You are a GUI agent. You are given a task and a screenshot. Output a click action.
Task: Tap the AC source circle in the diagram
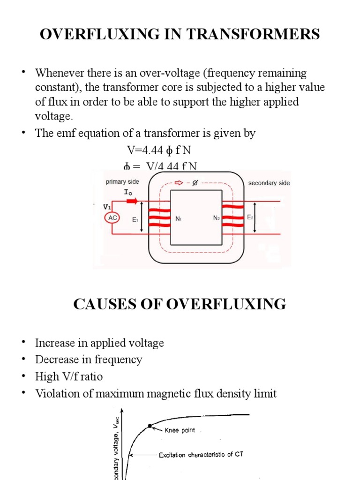tap(113, 218)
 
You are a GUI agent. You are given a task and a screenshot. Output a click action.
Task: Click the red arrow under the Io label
tap(132, 201)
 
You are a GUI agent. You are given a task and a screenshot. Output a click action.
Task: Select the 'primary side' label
tap(122, 182)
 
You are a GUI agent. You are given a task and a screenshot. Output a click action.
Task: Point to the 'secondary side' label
tap(269, 183)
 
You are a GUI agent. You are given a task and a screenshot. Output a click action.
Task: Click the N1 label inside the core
tap(178, 219)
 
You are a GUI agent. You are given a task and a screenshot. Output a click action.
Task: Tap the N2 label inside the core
tap(216, 219)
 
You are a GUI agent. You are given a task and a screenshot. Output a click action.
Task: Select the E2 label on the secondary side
tap(250, 217)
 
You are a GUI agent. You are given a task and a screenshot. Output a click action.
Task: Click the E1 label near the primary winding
tap(135, 219)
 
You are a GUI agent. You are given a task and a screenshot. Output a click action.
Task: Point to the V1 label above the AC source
tap(107, 206)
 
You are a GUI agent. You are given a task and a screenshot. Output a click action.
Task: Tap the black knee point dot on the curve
tap(150, 426)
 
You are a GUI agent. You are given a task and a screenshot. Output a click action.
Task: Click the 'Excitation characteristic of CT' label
tap(201, 454)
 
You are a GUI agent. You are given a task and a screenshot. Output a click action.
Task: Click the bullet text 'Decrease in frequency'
tap(89, 360)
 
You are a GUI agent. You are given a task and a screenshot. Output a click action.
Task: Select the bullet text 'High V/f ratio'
tap(69, 376)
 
